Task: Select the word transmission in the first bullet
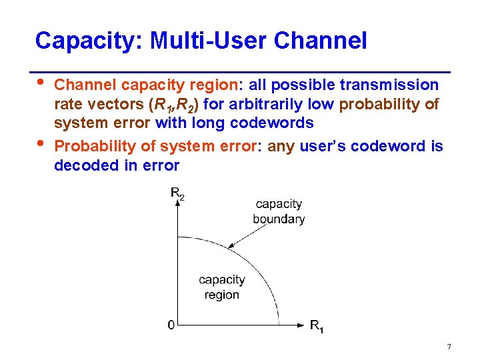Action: coord(389,85)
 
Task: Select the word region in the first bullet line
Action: coord(210,85)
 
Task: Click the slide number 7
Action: coord(449,347)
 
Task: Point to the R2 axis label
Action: coord(177,194)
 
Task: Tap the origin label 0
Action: coord(171,325)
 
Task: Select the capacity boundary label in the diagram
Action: coord(279,211)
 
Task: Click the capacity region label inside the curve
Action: coord(222,287)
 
